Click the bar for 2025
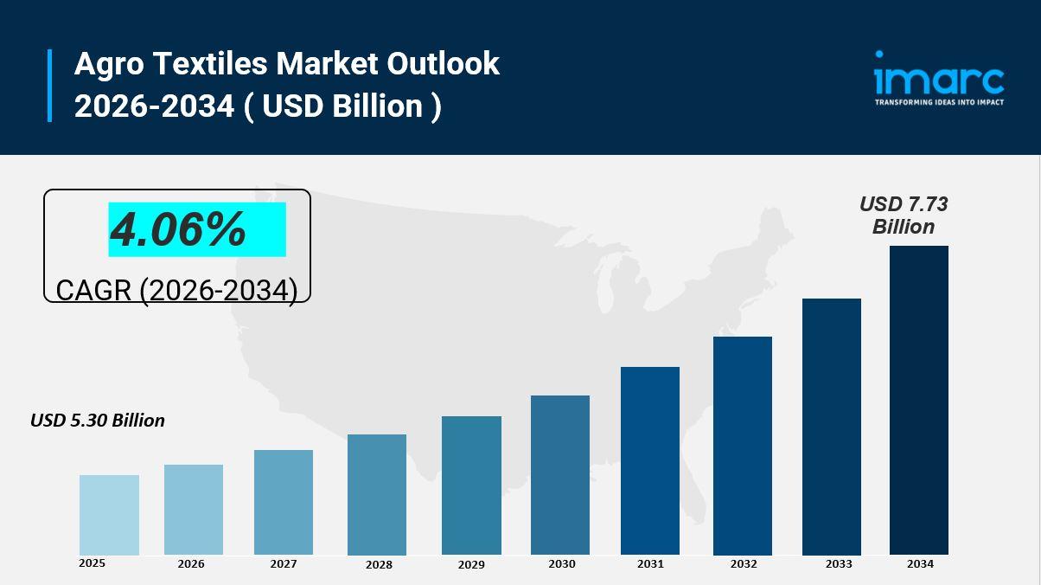click(x=109, y=515)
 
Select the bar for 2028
click(x=377, y=494)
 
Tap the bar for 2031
click(x=650, y=460)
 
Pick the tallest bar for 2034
click(x=919, y=400)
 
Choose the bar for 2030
click(x=560, y=475)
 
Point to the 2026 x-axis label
click(x=191, y=563)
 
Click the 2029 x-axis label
click(x=471, y=564)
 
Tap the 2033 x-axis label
click(x=838, y=563)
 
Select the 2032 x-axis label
click(x=743, y=563)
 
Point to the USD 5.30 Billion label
click(x=98, y=421)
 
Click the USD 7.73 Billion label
click(x=904, y=215)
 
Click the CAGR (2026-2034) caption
click(x=176, y=290)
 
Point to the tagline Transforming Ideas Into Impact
click(x=939, y=102)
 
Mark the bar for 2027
click(x=284, y=502)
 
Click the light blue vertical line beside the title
click(x=50, y=85)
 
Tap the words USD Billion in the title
click(x=342, y=106)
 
